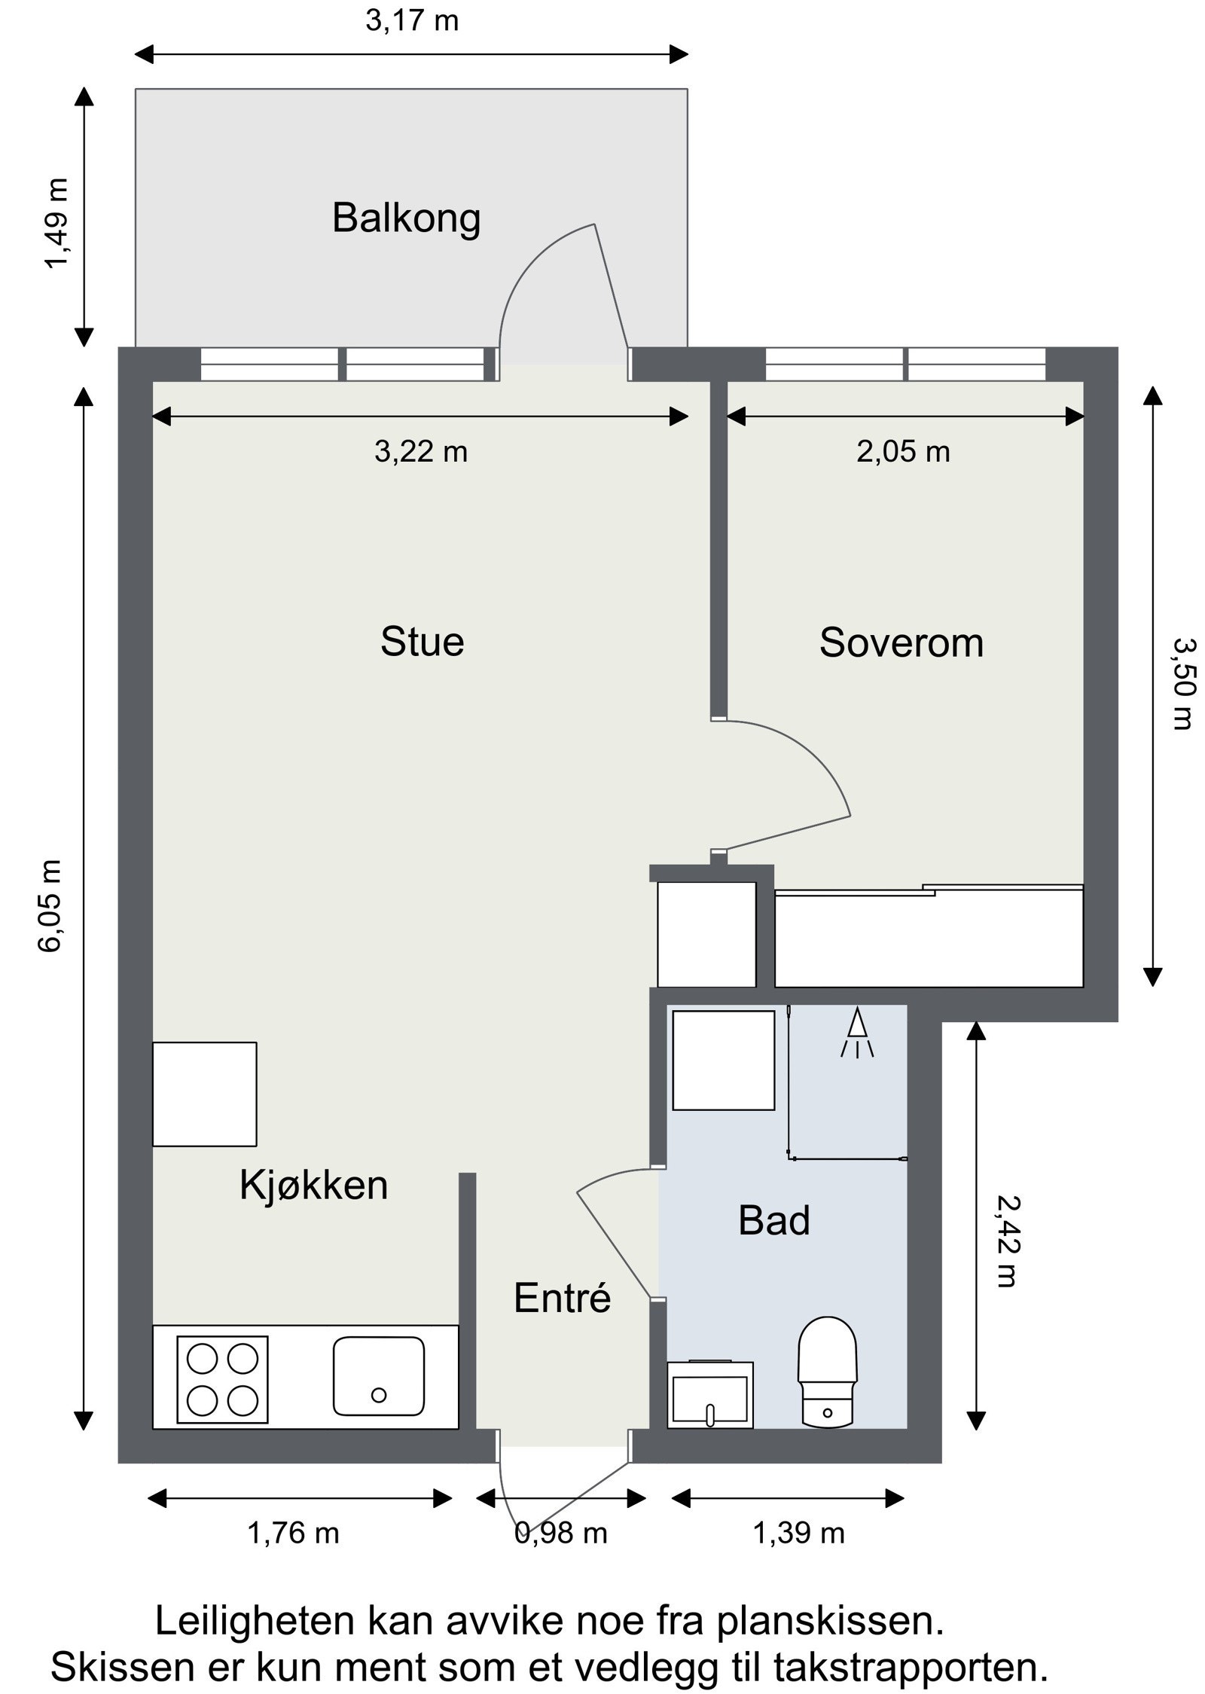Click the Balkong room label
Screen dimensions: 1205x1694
(x=406, y=219)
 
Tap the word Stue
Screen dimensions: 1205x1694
(x=422, y=642)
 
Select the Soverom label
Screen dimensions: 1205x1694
(x=901, y=642)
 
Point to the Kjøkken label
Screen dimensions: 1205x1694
(x=313, y=1185)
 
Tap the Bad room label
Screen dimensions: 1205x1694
(x=774, y=1221)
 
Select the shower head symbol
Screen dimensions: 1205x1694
(x=857, y=1034)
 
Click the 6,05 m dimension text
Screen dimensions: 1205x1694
(x=52, y=906)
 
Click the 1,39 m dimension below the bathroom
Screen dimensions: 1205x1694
(x=799, y=1533)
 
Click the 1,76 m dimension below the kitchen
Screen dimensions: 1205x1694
(x=294, y=1533)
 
